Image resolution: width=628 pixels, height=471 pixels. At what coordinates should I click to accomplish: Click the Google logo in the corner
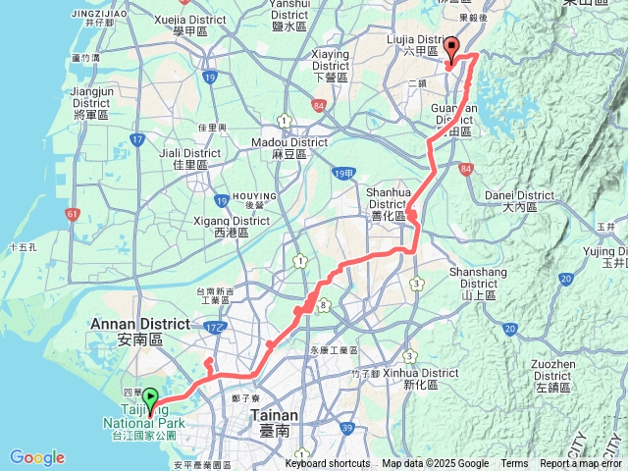(36, 457)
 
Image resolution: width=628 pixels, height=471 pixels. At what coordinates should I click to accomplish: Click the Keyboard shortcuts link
(328, 464)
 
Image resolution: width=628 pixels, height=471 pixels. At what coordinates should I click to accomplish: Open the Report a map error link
(582, 464)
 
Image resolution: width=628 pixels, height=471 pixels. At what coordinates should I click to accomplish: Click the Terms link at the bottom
(514, 464)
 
